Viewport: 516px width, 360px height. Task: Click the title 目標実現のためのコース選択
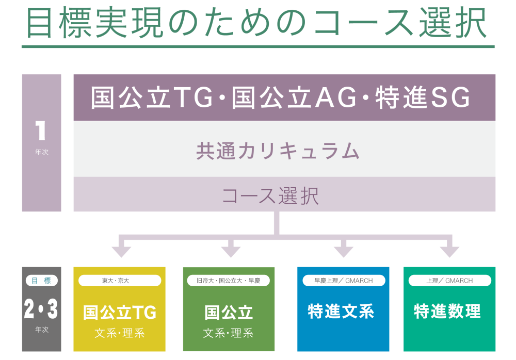[x=256, y=22]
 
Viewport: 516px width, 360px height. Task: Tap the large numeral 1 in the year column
[x=40, y=130]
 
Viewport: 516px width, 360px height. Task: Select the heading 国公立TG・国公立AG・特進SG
[x=280, y=97]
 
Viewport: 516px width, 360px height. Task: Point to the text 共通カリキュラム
[x=278, y=151]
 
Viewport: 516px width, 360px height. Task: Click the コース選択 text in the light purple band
[x=270, y=195]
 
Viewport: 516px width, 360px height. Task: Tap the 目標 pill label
[x=41, y=281]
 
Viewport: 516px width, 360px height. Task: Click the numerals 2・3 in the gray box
[x=41, y=308]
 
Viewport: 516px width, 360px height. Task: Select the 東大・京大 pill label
[x=120, y=281]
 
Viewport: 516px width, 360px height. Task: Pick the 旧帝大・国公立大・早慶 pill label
[x=229, y=281]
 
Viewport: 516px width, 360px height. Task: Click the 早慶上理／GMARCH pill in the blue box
[x=344, y=281]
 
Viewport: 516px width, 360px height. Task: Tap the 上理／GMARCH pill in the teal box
[x=449, y=281]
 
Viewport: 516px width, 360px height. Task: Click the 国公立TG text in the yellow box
[x=120, y=312]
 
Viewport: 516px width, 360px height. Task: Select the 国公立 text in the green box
[x=229, y=312]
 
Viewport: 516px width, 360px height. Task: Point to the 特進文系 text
[x=341, y=311]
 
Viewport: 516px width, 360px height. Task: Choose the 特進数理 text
[x=447, y=311]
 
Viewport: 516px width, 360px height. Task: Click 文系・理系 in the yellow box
[x=120, y=333]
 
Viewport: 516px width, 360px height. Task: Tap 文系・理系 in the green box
[x=228, y=333]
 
